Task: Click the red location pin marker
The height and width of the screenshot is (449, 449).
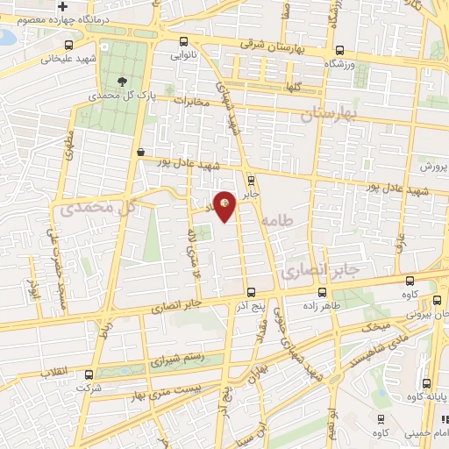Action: (225, 206)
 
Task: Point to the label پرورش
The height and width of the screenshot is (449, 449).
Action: (432, 167)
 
